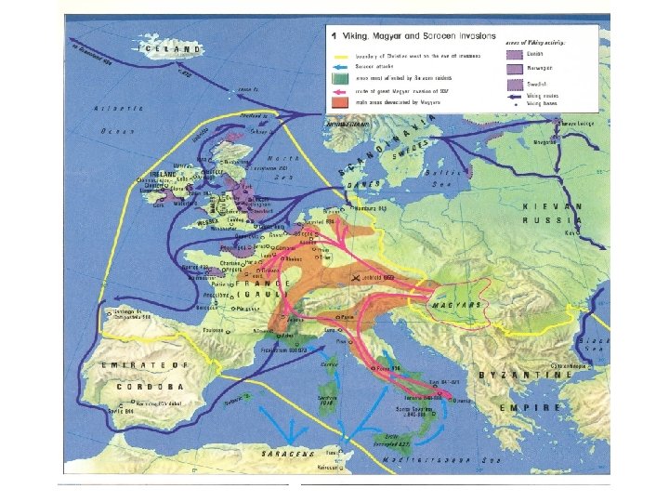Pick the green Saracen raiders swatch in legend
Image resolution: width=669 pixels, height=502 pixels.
point(340,78)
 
